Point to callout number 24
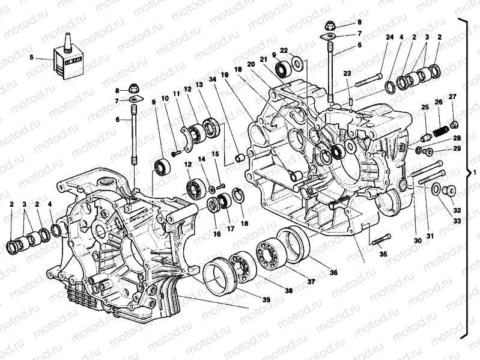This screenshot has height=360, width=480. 390,37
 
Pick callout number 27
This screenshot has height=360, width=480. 452,97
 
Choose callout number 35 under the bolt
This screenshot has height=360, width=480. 383,254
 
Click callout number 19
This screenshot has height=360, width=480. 225,75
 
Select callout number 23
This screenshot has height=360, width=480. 347,74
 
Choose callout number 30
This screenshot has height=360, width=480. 416,241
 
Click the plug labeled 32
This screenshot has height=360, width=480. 448,191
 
